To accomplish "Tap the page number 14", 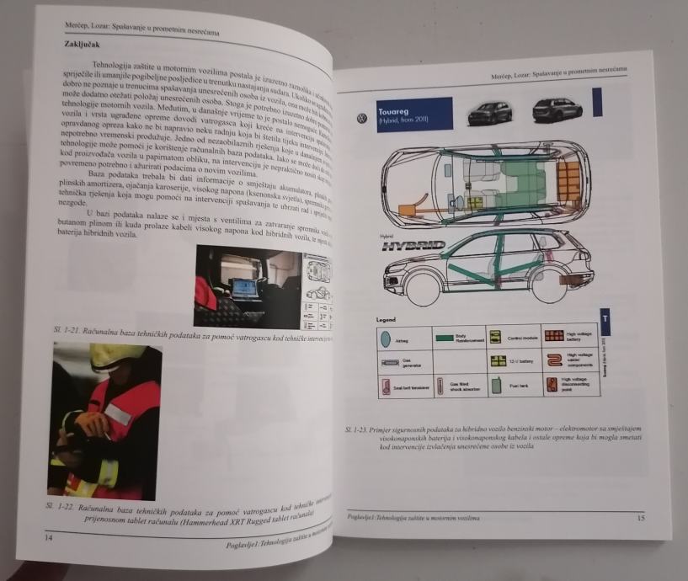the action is coord(47,536).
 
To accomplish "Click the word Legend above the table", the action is coord(386,321).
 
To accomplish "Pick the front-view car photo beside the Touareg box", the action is coord(488,111).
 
